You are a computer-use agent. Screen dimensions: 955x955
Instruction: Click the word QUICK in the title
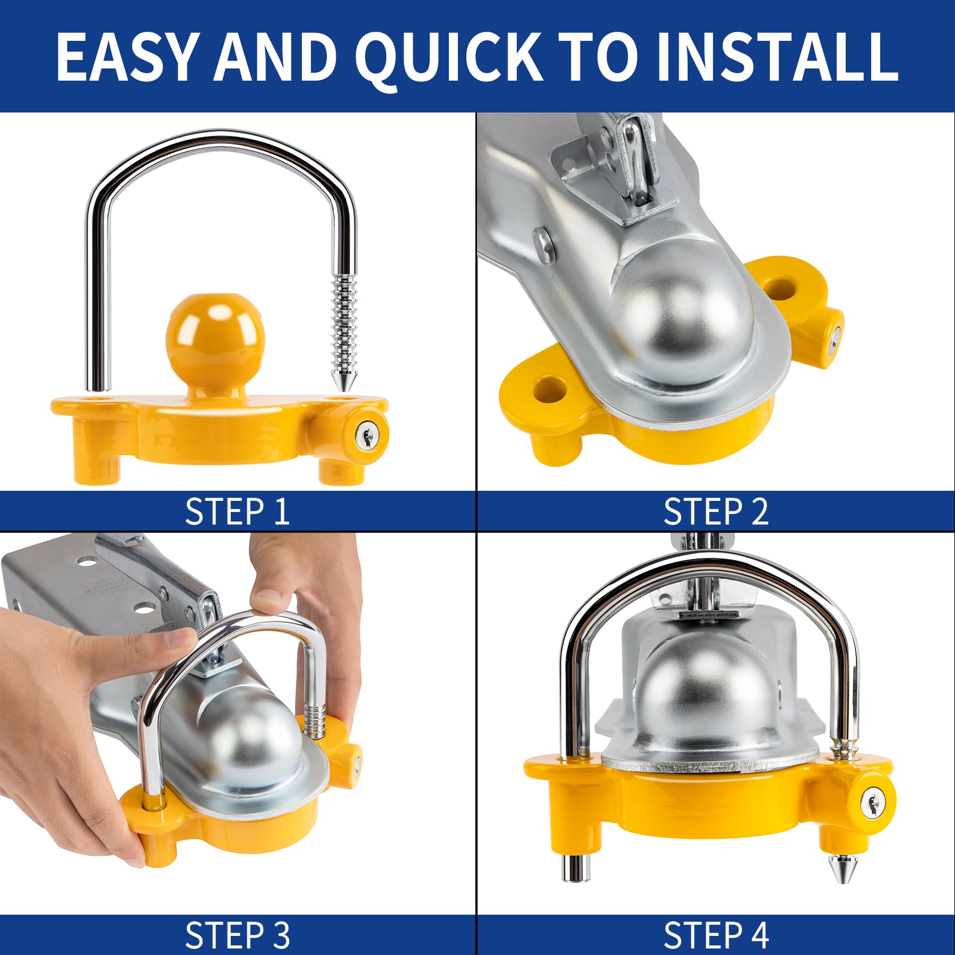[448, 57]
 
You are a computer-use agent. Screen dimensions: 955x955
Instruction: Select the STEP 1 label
[237, 511]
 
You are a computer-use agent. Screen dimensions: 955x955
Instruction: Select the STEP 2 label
[716, 511]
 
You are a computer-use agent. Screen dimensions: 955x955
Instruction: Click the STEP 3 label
[237, 935]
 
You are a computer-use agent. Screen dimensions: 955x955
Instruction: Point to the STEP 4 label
[716, 935]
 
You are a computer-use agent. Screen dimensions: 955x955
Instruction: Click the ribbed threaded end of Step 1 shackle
[343, 324]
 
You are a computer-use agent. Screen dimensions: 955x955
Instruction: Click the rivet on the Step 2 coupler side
[544, 245]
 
